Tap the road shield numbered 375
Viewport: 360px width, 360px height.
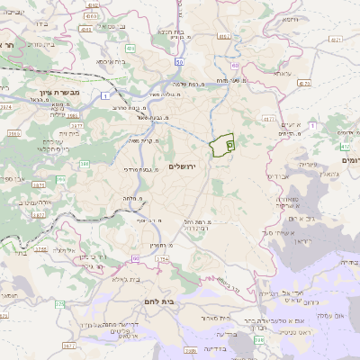pos(60,304)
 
